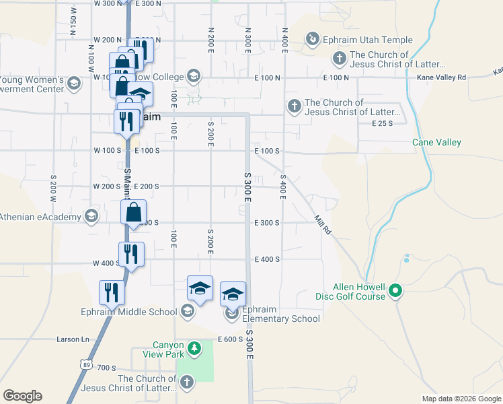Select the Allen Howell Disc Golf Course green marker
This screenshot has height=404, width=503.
(x=396, y=291)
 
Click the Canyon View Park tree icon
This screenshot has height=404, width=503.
(x=194, y=348)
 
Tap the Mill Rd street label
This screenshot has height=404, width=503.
(x=323, y=225)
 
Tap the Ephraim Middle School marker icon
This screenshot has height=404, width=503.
(x=188, y=311)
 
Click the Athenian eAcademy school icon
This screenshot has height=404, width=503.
(x=91, y=216)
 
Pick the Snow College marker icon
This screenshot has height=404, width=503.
(x=194, y=75)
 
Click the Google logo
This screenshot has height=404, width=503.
(x=22, y=396)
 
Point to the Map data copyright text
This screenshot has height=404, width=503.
(x=461, y=399)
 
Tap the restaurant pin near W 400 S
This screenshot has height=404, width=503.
(x=131, y=255)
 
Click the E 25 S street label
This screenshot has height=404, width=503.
(x=381, y=123)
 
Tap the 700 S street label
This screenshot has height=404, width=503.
(x=106, y=368)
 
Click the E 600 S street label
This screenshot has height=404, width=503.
(x=230, y=339)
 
